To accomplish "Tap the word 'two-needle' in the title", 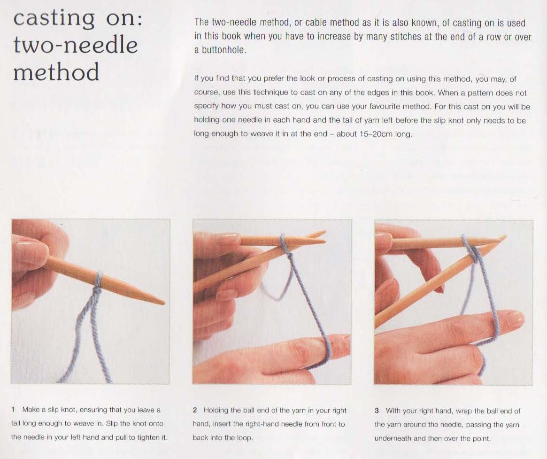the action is (76, 46).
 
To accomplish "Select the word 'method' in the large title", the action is (56, 72).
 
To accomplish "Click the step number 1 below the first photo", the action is (13, 410).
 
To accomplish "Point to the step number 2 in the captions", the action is (195, 410).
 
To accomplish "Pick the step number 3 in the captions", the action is (377, 411).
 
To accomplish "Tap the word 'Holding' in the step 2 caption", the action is (216, 411).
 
